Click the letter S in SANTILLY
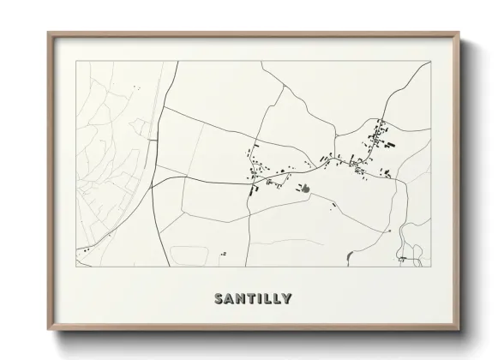[x=219, y=299]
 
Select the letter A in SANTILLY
[x=231, y=299]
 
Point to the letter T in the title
[x=253, y=299]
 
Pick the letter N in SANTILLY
[x=242, y=299]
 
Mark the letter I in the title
[x=261, y=299]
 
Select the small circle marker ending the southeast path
[x=390, y=231]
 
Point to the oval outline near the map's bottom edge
[x=188, y=255]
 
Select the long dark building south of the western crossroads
[x=253, y=189]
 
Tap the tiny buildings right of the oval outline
[x=223, y=253]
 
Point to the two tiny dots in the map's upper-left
[x=135, y=87]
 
